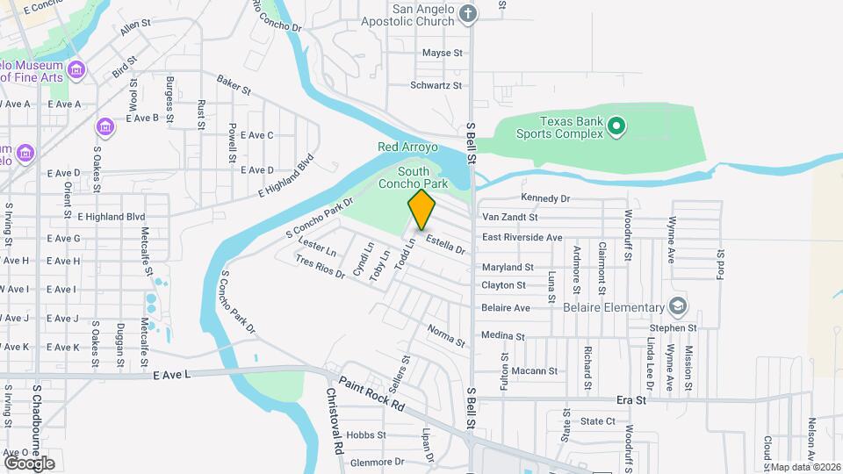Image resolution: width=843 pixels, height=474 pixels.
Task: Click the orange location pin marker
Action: pos(422,209)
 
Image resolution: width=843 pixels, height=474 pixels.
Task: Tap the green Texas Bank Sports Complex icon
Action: pos(616,127)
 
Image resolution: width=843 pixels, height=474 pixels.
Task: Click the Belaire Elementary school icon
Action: pos(677,307)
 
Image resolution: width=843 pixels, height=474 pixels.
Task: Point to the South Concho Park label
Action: pos(423,177)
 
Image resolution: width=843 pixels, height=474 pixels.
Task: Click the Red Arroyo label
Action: pos(401,147)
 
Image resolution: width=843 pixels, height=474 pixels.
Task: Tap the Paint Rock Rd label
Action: pos(373,394)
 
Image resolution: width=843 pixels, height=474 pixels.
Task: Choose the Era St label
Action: pos(631,399)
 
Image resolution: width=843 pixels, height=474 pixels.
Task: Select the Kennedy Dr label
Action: pos(545,198)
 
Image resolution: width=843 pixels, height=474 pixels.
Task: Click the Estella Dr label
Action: pos(445,244)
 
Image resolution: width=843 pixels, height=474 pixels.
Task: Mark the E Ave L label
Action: pos(171,375)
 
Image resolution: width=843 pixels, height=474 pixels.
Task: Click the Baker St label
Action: pos(234,84)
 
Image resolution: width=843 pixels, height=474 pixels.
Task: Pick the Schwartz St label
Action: pos(436,85)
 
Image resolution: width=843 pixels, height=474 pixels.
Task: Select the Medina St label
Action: pos(502,335)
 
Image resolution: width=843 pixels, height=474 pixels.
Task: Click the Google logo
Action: pos(29,463)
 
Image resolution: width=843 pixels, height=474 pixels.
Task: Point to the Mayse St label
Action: pos(442,54)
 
